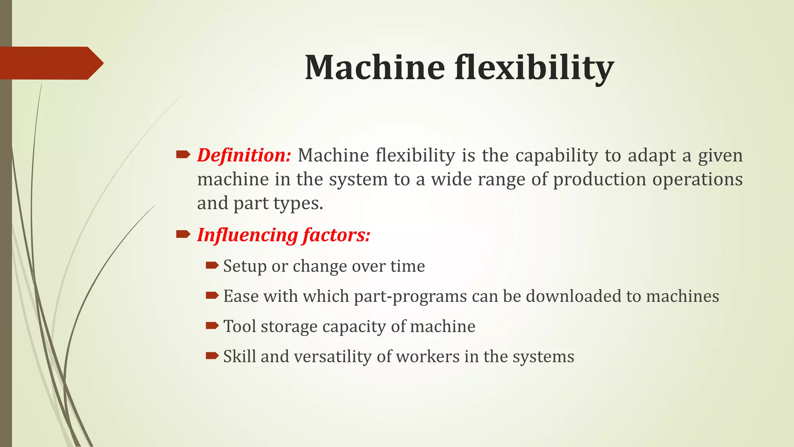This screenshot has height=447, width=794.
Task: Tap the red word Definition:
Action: pyautogui.click(x=244, y=155)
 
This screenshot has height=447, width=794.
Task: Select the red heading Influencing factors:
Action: pyautogui.click(x=284, y=235)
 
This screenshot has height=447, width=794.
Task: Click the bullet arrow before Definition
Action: pyautogui.click(x=183, y=155)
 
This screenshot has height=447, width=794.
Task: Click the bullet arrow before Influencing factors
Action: pyautogui.click(x=183, y=234)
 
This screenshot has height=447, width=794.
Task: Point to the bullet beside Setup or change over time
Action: pyautogui.click(x=212, y=265)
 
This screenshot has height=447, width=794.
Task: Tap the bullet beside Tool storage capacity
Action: pyautogui.click(x=212, y=326)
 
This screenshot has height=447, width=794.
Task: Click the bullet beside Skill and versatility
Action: pyautogui.click(x=212, y=355)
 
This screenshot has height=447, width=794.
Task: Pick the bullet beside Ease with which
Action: pyautogui.click(x=212, y=296)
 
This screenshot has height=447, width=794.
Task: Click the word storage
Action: pyautogui.click(x=289, y=327)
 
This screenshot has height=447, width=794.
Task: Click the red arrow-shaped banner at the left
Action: pyautogui.click(x=50, y=63)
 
